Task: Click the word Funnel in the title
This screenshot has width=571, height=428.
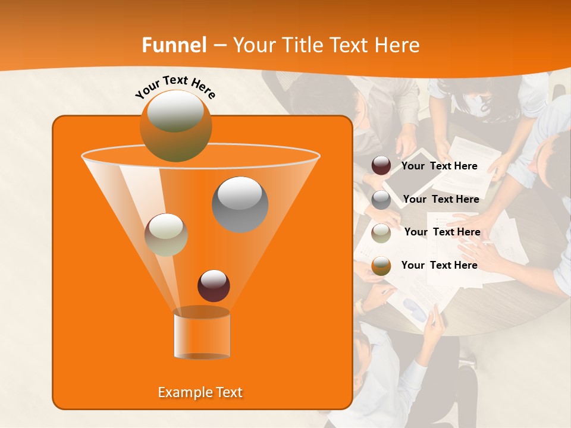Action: (x=174, y=45)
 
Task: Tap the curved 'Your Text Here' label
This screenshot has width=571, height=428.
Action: (x=175, y=87)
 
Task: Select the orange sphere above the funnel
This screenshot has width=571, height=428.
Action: (x=175, y=126)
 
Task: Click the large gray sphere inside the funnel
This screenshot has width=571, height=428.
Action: (x=240, y=204)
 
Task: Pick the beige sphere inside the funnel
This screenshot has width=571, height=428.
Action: (x=166, y=235)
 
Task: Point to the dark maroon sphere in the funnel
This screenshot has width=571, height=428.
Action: (x=214, y=285)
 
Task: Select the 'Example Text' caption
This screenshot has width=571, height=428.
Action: (x=200, y=392)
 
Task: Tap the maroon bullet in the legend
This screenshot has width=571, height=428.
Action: (x=381, y=166)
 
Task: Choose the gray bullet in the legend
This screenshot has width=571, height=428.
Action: (x=381, y=200)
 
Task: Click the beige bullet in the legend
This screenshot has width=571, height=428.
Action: (x=381, y=232)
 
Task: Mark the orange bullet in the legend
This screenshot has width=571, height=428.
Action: (x=381, y=266)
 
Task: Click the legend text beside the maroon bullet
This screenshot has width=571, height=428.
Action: (x=440, y=166)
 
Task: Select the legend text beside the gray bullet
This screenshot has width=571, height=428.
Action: (x=441, y=200)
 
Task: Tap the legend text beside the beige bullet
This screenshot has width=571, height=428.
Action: (x=442, y=232)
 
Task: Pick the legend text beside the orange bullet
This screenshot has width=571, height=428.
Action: (x=440, y=266)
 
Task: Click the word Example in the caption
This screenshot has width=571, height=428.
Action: (x=183, y=392)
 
